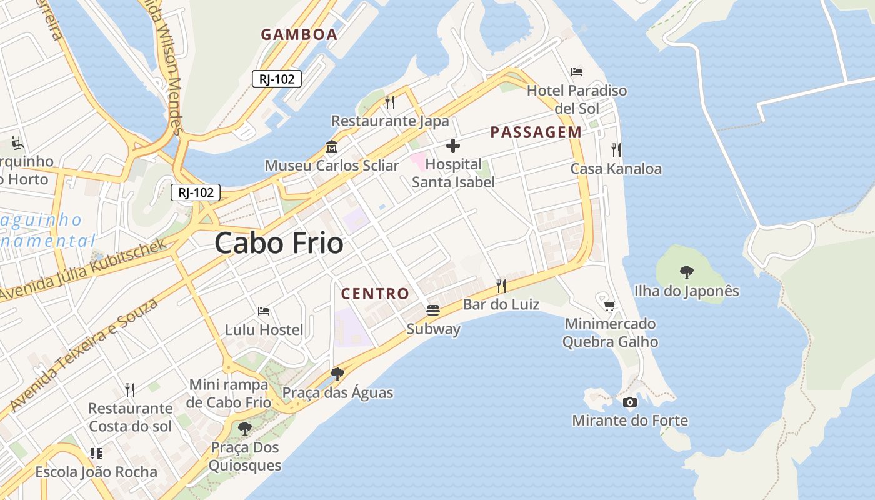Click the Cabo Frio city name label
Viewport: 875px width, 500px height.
pos(279,243)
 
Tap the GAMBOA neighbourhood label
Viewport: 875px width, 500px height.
pos(299,34)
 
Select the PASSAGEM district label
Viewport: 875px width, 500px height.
pos(536,132)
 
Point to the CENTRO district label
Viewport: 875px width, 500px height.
pos(375,293)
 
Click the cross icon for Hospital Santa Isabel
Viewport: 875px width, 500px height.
pos(453,146)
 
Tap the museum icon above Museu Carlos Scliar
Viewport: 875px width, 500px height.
pos(332,147)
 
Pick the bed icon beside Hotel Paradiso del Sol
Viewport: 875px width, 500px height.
pos(577,72)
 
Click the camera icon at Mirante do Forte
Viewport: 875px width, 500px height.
pos(630,402)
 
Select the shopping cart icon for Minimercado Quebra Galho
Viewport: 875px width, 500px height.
pos(610,306)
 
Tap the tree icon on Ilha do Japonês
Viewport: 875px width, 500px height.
pos(687,272)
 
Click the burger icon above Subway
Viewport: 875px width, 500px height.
pos(433,310)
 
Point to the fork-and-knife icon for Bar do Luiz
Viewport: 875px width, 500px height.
pos(501,286)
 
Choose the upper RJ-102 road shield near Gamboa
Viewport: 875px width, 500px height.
pos(277,79)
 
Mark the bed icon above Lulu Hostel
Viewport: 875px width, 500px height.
pos(264,311)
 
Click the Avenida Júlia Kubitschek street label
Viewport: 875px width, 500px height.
pos(84,269)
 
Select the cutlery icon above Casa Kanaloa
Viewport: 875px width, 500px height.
pos(616,150)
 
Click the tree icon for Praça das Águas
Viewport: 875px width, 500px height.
pos(337,374)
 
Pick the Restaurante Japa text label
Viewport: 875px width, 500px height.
pos(390,121)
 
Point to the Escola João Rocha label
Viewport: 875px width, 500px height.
pos(96,472)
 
